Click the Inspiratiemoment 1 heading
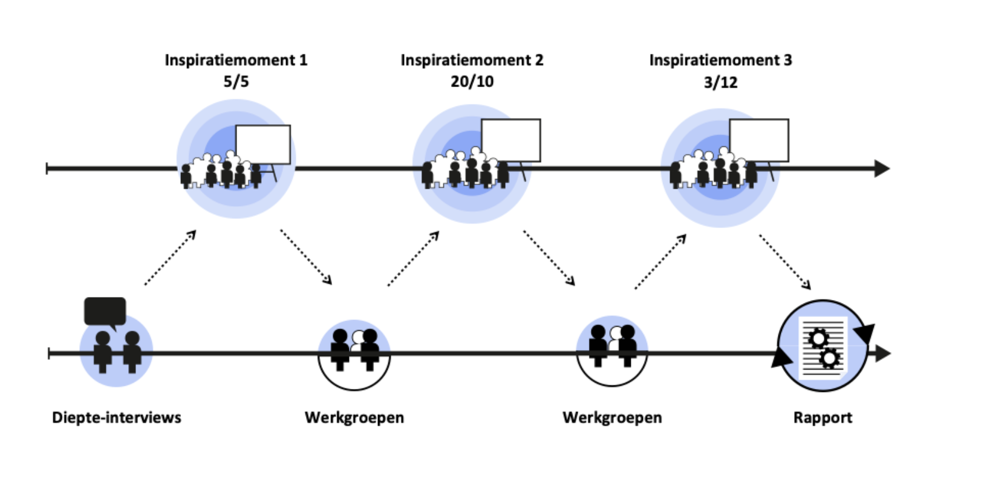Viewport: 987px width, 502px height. (236, 60)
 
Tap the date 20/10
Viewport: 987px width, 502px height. (472, 82)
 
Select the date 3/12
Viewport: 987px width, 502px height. (720, 82)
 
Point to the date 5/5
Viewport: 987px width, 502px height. (236, 82)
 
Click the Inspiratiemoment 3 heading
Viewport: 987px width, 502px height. (720, 60)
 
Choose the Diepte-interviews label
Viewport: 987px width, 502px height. (116, 417)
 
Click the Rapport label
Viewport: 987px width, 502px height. (822, 417)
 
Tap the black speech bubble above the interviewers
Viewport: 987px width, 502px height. (105, 311)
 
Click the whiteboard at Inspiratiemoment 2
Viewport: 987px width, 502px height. (511, 140)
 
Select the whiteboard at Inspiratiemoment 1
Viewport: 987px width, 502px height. (263, 144)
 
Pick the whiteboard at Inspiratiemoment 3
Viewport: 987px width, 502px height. (759, 140)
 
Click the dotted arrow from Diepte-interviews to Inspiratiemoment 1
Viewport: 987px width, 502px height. (171, 257)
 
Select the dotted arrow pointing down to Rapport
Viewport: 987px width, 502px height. (784, 261)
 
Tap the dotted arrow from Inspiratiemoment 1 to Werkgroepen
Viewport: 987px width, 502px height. (305, 256)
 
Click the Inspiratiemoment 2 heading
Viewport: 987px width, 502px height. (472, 60)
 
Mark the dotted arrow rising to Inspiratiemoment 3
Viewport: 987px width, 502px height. (660, 261)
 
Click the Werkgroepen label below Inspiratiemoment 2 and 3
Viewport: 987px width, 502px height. (612, 417)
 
